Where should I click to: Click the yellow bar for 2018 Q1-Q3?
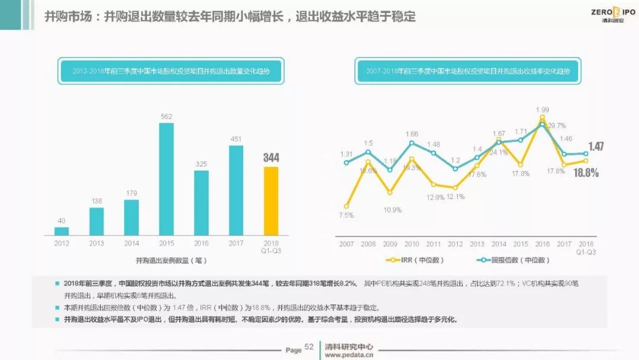point(270,201)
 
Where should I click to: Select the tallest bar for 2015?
point(166,179)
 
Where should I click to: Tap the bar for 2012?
point(62,231)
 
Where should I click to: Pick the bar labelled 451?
point(236,190)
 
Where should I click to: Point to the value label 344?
point(270,157)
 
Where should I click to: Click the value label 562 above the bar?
point(166,117)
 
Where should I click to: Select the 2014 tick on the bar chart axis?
point(131,243)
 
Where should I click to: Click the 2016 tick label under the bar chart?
point(201,243)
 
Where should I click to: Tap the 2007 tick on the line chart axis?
point(347,244)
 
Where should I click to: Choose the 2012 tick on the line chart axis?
point(456,244)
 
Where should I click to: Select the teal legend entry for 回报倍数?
point(513,260)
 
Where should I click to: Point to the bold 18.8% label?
point(586,173)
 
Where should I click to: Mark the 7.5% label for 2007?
point(347,216)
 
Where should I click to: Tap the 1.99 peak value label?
point(542,110)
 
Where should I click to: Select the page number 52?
point(309,347)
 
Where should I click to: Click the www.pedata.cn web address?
point(349,355)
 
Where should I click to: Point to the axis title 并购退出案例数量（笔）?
point(171,260)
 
